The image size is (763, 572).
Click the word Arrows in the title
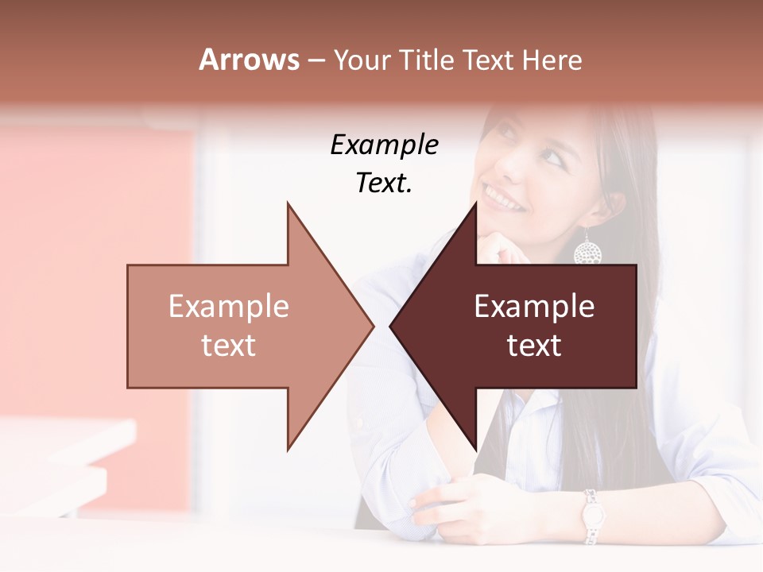[x=249, y=60]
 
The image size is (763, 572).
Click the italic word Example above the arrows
[x=384, y=145]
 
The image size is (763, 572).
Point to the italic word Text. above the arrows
[x=384, y=183]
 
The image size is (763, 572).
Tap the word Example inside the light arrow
[x=229, y=307]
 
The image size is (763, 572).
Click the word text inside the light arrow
[x=229, y=346]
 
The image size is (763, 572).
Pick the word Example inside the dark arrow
[x=534, y=307]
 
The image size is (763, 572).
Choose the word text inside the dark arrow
[x=534, y=346]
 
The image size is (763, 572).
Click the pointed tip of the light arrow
[x=371, y=326]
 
